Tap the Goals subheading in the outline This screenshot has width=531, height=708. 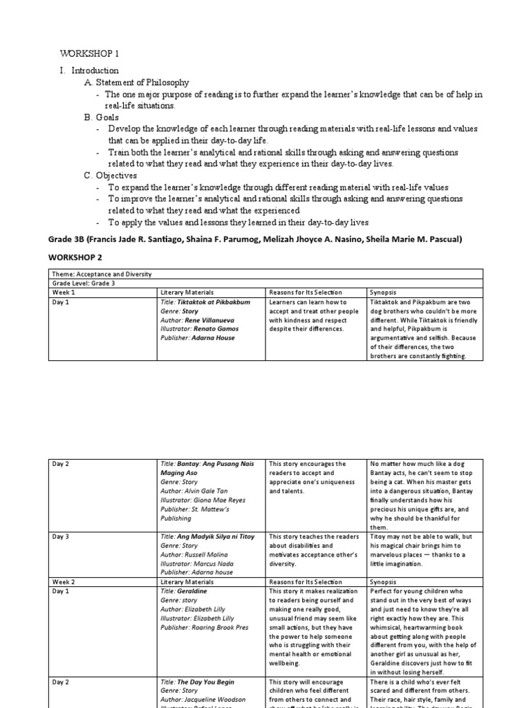102,118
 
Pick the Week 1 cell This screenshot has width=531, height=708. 64,292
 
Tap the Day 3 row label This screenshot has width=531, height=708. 61,537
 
